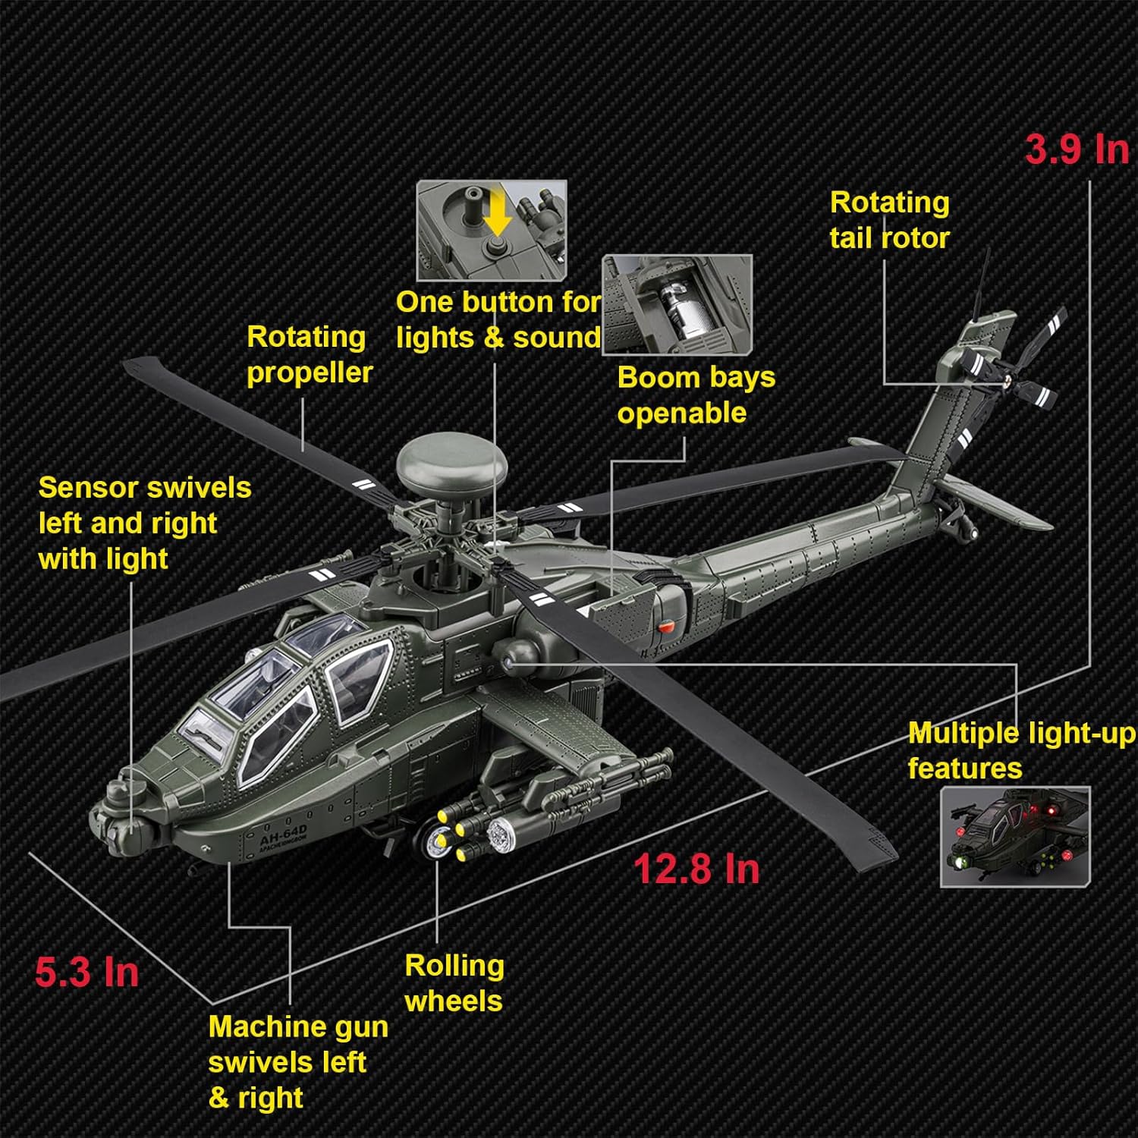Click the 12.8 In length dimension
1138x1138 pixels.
[696, 869]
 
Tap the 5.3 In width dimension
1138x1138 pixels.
[86, 972]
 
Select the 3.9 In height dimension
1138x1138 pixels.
[1076, 149]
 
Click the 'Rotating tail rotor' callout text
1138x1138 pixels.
[889, 220]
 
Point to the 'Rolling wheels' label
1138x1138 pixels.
[454, 983]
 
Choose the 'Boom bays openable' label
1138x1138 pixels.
[696, 395]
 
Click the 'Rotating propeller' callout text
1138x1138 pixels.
[309, 354]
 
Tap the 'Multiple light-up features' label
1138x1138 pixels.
[1020, 750]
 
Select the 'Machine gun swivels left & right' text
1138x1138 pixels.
[297, 1061]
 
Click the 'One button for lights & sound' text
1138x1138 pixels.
[498, 319]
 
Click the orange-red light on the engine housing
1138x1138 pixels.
[665, 627]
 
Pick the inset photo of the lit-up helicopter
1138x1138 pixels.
[1015, 836]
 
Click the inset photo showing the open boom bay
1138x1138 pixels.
[677, 304]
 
